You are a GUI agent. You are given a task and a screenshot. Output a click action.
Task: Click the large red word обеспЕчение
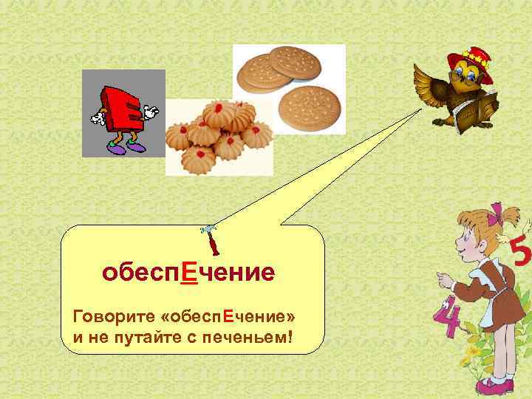point(188,273)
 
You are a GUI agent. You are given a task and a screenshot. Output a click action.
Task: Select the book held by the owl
point(473,115)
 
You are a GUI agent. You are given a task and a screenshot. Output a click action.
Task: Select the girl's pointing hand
point(443,279)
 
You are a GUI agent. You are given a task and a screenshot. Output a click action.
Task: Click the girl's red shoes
point(491,386)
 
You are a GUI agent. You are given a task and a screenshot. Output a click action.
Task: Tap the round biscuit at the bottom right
point(310,108)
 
